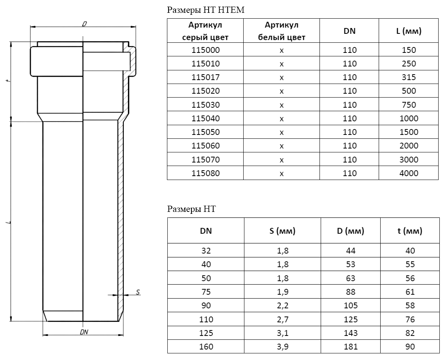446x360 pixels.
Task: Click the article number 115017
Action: [x=205, y=77]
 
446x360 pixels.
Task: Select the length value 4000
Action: [x=409, y=173]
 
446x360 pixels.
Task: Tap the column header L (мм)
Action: [x=409, y=31]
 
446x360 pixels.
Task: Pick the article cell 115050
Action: [x=205, y=132]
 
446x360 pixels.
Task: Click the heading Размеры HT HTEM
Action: [x=205, y=10]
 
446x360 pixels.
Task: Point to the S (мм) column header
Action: [x=283, y=231]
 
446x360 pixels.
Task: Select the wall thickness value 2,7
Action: [x=283, y=319]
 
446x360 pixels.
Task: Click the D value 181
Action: [x=350, y=347]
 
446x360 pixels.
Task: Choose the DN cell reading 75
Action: [x=206, y=292]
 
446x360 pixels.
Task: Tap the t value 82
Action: [x=410, y=333]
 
